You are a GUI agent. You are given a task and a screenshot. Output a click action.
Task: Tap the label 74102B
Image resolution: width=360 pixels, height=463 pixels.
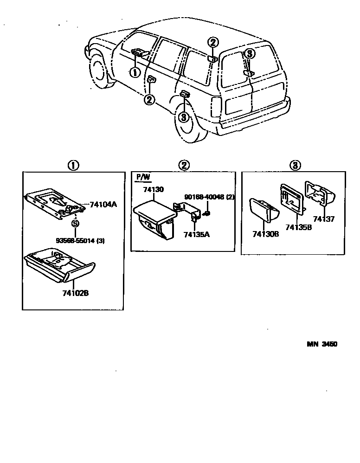pyautogui.click(x=75, y=293)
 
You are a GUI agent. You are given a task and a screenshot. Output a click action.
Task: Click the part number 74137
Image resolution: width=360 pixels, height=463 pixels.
pyautogui.click(x=323, y=219)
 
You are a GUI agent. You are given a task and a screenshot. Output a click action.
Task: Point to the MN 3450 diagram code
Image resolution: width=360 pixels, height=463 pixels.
pyautogui.click(x=321, y=344)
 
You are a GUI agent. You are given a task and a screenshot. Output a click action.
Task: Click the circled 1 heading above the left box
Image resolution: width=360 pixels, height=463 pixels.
pyautogui.click(x=74, y=166)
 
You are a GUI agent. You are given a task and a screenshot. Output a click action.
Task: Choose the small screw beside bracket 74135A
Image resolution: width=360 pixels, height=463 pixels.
pyautogui.click(x=207, y=213)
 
